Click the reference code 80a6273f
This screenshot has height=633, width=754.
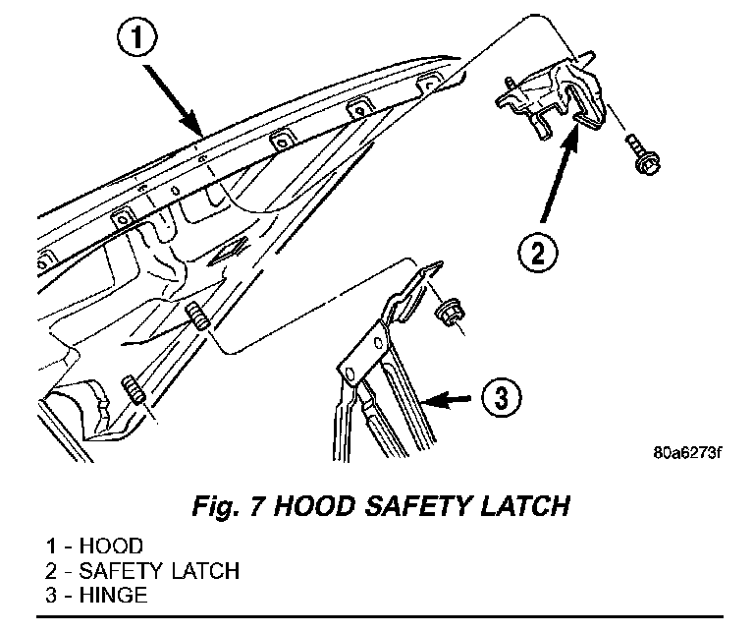point(685,454)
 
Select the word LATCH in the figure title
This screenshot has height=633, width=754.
point(519,506)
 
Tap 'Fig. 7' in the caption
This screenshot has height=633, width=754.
point(225,506)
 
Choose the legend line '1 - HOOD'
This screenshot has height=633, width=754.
point(93,547)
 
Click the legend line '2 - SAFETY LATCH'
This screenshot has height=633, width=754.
point(140,570)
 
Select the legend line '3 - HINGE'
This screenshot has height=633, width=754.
point(96,594)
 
